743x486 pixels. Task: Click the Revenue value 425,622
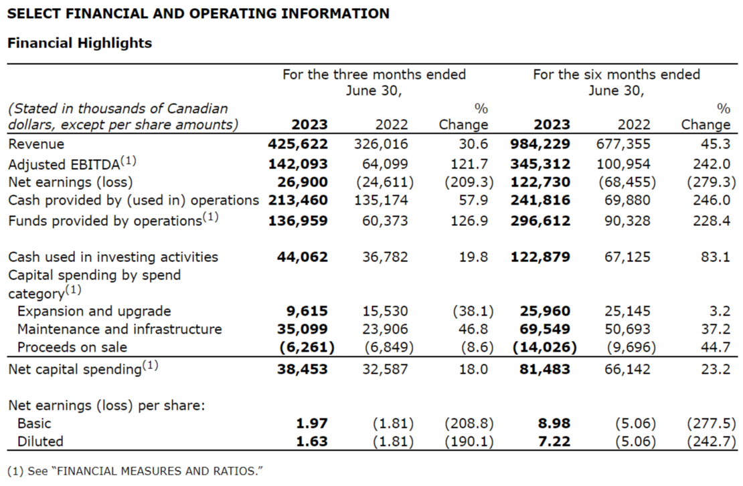[x=299, y=144]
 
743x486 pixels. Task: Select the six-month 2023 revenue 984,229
[x=541, y=144]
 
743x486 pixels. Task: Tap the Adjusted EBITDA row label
[x=71, y=163]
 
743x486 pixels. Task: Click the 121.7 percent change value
[x=470, y=164]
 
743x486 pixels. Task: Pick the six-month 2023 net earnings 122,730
[x=541, y=182]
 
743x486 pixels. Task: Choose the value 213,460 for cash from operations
[x=299, y=200]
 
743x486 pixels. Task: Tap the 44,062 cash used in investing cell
[x=302, y=257]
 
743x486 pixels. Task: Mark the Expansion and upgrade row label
[x=94, y=311]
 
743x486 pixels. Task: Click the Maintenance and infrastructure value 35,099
[x=302, y=329]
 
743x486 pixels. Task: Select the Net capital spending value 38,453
[x=302, y=368]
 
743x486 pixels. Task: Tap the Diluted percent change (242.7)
[x=711, y=441]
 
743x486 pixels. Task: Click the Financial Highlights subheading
[x=79, y=43]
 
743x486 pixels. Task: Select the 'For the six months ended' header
[x=616, y=74]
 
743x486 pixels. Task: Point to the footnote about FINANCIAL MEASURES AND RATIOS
[x=135, y=471]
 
